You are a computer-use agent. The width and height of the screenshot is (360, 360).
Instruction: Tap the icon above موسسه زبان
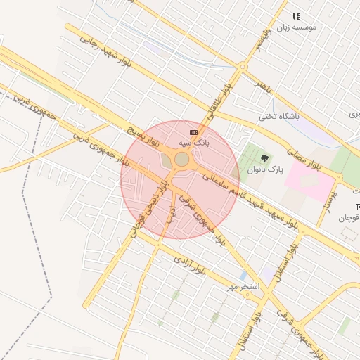[296, 15]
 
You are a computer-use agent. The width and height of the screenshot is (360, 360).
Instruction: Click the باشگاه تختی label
[279, 117]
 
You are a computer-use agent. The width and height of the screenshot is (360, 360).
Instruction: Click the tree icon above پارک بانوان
[265, 158]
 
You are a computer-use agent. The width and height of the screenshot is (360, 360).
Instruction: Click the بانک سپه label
[193, 143]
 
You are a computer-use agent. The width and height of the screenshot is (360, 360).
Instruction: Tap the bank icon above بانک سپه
[193, 131]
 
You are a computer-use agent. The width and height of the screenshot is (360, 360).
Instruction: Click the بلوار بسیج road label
[144, 138]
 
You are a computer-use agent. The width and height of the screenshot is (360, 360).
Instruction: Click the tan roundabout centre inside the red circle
[181, 160]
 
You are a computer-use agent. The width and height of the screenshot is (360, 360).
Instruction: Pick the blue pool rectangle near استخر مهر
[243, 276]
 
